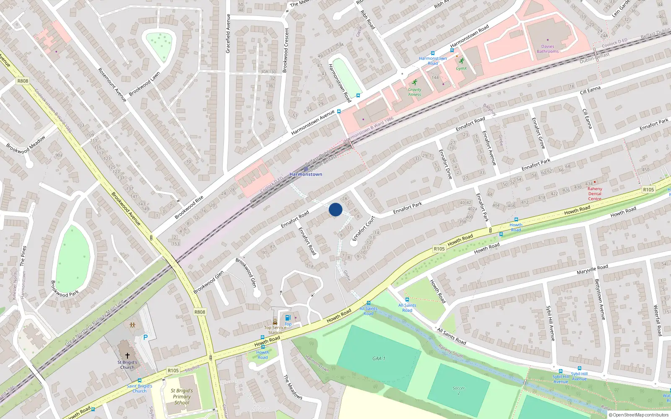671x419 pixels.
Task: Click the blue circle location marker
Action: coord(335,209)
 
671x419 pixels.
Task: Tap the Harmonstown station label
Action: coord(306,174)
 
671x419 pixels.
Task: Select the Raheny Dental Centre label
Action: coord(595,194)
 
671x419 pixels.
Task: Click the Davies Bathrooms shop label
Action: coord(548,49)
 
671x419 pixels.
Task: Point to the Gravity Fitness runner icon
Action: coord(415,83)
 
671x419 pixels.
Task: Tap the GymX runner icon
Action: coord(461,61)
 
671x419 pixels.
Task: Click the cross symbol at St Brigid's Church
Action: coord(127,355)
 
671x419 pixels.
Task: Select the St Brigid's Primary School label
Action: coord(182,396)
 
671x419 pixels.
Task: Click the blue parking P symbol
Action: coord(146,337)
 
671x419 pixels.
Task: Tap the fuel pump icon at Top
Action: coord(288,318)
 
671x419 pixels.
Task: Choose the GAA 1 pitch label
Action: coord(379,359)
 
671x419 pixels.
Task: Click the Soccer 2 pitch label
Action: coord(458,391)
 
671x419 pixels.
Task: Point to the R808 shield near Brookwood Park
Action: coord(200,312)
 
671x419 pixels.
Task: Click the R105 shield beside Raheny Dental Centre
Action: coord(648,190)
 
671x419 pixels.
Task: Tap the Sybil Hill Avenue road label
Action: coord(550,323)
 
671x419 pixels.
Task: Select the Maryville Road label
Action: coord(592,269)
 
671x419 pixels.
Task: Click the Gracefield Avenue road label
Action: coord(228,34)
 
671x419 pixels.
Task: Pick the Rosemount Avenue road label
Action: coord(112,85)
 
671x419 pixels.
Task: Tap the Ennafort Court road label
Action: coord(363,229)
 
